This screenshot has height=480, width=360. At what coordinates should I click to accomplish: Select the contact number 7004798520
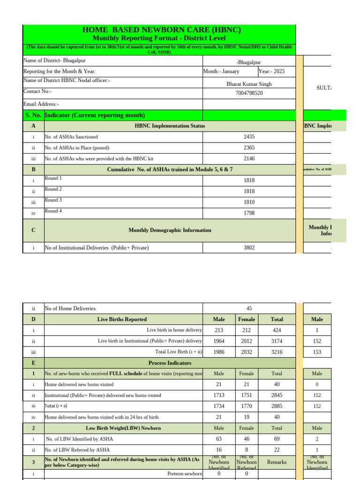click(249, 93)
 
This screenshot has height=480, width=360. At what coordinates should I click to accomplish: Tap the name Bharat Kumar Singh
click(249, 84)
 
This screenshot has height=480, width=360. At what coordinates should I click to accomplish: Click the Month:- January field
click(221, 71)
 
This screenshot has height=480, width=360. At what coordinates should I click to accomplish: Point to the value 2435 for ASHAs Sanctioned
click(249, 137)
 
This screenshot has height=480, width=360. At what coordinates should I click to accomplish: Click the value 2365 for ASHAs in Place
click(249, 148)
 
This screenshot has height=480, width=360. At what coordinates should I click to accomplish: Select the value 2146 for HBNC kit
click(249, 158)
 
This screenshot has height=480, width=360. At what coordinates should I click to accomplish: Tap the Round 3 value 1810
click(249, 202)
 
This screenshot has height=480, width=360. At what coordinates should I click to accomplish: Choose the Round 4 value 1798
click(249, 213)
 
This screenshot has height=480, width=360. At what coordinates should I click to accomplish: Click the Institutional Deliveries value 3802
click(249, 247)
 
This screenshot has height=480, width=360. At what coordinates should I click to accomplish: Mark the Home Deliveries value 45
click(249, 308)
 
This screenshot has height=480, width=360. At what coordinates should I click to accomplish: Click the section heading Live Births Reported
click(122, 319)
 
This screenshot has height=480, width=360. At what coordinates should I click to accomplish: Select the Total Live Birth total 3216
click(277, 352)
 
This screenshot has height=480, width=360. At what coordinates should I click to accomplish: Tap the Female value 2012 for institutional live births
click(247, 341)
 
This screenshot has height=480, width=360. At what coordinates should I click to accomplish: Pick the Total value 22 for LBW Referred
click(277, 450)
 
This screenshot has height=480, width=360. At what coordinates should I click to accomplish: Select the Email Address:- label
click(41, 104)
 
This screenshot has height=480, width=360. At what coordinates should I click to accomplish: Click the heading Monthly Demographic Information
click(170, 230)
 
